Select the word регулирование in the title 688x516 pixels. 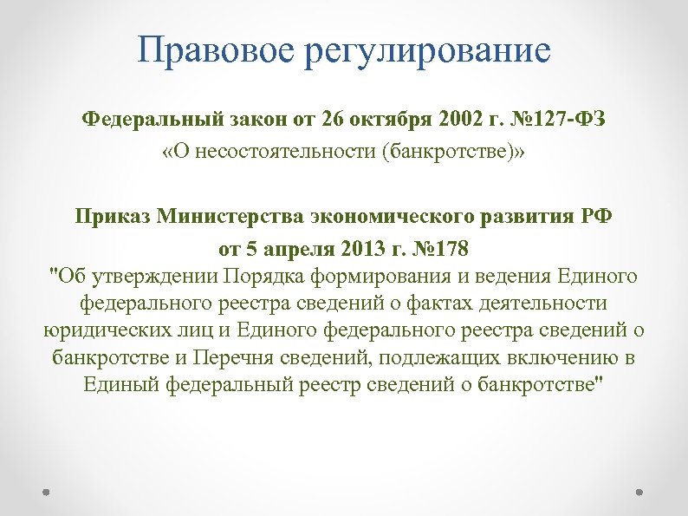tap(428, 52)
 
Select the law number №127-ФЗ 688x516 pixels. tap(562, 119)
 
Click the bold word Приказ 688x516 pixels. tap(113, 216)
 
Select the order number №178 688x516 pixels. tap(441, 250)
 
